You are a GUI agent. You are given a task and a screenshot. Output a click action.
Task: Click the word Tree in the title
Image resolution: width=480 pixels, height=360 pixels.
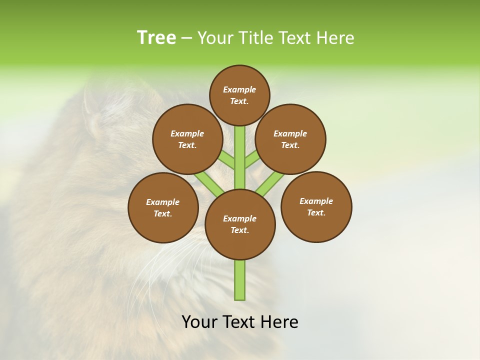point(156,37)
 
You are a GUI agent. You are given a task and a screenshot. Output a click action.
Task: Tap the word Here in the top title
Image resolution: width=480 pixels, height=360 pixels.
point(335,37)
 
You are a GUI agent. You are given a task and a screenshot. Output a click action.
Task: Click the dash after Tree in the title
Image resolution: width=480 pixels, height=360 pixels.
point(187,38)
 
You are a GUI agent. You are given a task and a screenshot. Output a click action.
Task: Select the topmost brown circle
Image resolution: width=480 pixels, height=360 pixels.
point(239,95)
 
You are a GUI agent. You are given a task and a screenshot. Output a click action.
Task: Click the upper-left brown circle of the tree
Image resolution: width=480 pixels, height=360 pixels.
point(187,139)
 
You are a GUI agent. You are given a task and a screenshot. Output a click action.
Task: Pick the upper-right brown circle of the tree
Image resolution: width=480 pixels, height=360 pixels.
point(290,139)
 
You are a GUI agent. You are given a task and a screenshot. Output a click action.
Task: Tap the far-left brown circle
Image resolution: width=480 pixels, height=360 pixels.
point(163,207)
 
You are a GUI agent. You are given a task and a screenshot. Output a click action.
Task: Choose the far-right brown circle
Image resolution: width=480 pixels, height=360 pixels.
point(316,206)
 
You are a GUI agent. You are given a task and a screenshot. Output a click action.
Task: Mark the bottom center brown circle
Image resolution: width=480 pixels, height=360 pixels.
point(240,224)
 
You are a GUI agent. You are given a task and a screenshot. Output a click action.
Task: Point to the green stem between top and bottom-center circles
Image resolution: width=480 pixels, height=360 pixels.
point(240,157)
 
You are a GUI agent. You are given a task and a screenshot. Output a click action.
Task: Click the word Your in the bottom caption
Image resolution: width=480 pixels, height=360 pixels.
point(199,322)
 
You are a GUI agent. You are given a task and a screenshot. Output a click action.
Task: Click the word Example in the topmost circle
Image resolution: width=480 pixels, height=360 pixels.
point(239,89)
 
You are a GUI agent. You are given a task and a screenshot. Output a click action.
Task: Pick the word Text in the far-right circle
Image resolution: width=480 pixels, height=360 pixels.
point(316,212)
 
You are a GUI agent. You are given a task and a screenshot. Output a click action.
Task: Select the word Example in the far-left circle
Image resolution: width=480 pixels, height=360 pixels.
point(163,202)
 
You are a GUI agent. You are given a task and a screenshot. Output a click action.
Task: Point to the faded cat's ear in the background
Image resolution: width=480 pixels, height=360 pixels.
point(91,105)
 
